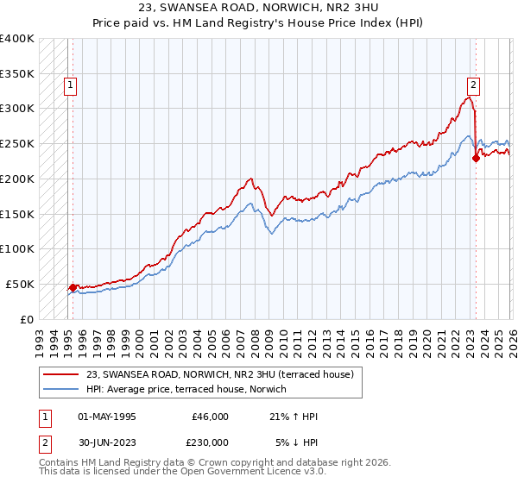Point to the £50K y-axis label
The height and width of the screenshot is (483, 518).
[18, 284]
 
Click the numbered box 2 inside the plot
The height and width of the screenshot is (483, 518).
[474, 85]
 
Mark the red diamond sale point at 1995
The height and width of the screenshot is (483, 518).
[73, 287]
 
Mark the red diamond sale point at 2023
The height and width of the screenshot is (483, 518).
[476, 158]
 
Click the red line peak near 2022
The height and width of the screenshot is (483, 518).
[468, 97]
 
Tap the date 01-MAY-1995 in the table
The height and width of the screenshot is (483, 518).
[107, 417]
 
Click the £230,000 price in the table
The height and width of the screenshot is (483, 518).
[210, 442]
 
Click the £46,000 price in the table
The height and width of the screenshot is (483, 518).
[210, 417]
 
